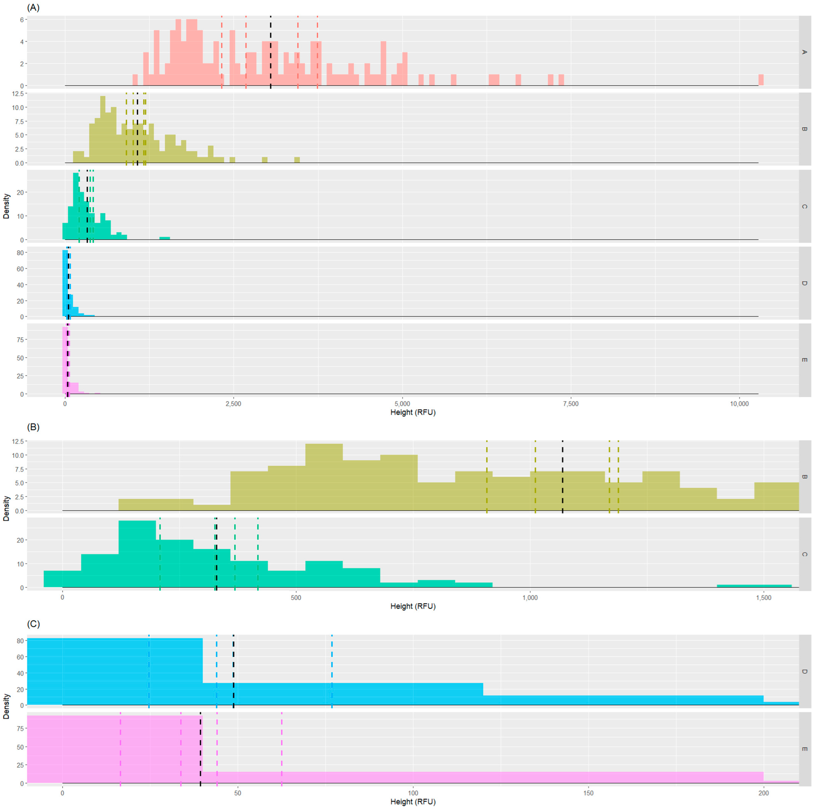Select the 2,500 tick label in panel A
(233, 404)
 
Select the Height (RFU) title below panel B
(413, 606)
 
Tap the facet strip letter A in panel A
(804, 52)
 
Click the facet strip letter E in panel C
(804, 749)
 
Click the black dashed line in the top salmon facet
(270, 51)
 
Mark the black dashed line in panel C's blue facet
(233, 670)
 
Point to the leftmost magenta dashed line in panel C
(120, 748)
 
